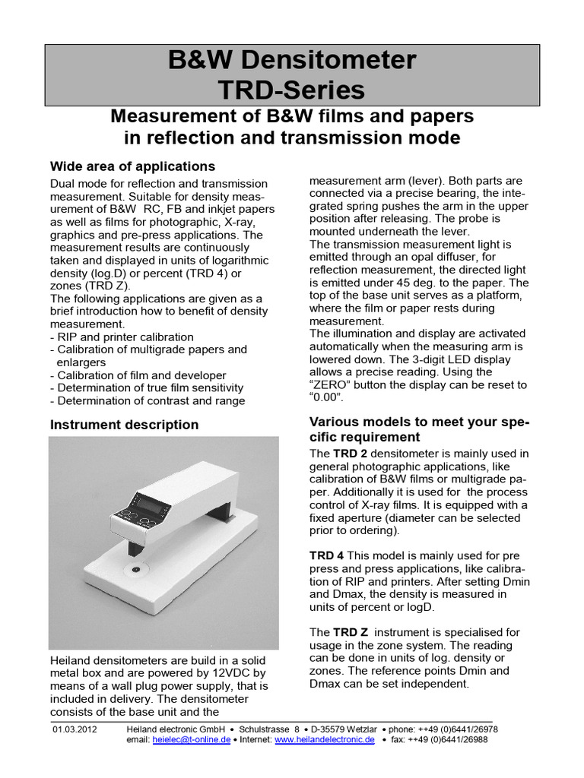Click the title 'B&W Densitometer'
292,60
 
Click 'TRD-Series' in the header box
292,90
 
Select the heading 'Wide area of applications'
132,166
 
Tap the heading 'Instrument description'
124,425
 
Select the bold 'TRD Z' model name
350,632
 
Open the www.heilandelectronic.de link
325,740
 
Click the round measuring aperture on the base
135,568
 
